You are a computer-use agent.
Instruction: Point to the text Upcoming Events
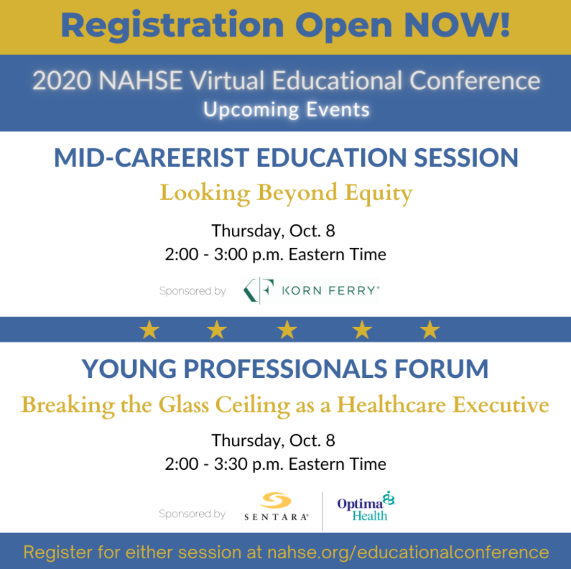coord(286,110)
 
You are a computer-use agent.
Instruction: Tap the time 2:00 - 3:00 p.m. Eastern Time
coord(275,254)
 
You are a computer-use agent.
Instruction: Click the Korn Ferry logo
coord(310,291)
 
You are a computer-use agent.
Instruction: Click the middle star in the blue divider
coord(287,330)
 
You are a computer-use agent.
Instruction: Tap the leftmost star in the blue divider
coord(149,330)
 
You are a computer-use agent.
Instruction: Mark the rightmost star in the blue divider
coord(430,330)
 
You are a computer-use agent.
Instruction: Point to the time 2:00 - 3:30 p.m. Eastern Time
coord(275,463)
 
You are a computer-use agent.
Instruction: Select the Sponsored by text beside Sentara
coord(192,514)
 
